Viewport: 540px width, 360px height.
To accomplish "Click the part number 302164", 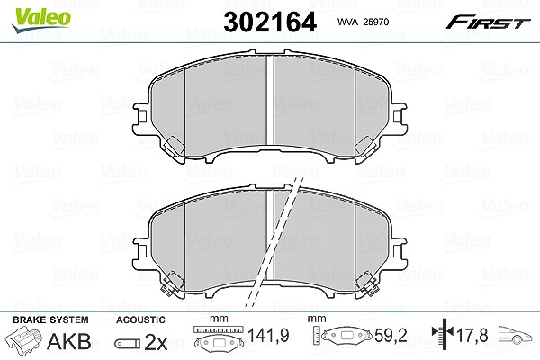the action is click(x=270, y=22).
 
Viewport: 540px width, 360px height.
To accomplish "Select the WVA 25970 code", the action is click(x=363, y=22).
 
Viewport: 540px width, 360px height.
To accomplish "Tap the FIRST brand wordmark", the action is click(x=488, y=22).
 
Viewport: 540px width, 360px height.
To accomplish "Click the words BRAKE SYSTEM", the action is click(x=50, y=319).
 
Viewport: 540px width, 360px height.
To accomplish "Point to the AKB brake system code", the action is click(x=69, y=341).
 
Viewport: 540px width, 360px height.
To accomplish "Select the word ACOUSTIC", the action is click(x=140, y=319).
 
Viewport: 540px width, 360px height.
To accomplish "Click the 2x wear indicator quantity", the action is click(x=156, y=342).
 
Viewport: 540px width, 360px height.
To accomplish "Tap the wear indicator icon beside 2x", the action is click(x=128, y=344).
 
